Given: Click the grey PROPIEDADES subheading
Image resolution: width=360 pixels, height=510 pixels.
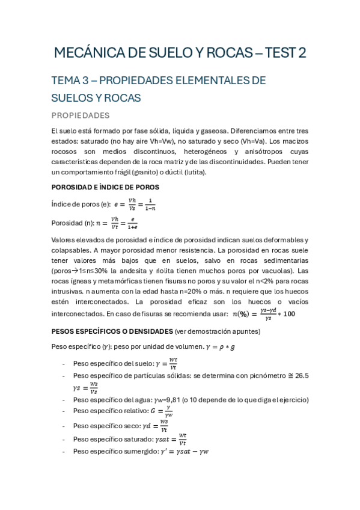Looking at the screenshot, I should coord(80,114).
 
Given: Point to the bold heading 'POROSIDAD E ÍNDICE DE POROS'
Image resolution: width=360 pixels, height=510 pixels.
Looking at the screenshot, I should coord(105,187).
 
